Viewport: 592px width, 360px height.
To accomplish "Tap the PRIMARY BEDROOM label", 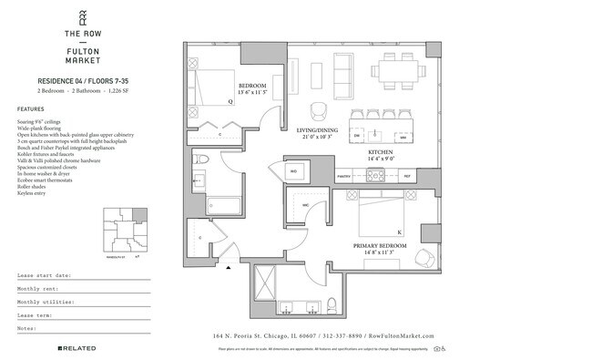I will tap(385, 245).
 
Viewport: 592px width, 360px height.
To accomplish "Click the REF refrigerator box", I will tap(407, 174).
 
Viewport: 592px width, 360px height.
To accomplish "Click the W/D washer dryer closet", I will tap(294, 170).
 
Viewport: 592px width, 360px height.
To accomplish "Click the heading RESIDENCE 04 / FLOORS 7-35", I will tap(69, 82).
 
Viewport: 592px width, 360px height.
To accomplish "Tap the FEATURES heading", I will tap(30, 108).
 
